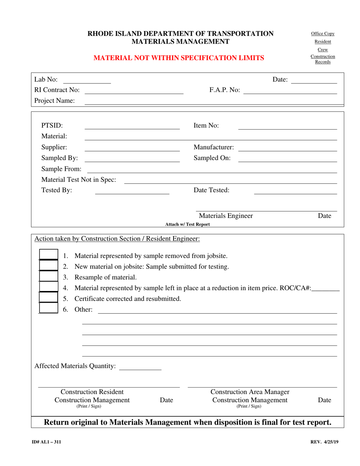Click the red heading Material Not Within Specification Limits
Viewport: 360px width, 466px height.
click(179, 58)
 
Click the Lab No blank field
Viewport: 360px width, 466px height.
click(87, 80)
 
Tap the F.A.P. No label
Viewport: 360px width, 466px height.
click(224, 90)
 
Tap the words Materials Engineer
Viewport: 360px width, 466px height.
click(226, 216)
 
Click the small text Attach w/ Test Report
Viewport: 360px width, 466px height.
click(188, 224)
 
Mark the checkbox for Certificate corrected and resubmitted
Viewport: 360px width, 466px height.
click(49, 298)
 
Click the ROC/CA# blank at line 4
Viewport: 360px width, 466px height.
click(326, 288)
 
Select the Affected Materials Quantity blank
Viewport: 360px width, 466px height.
click(140, 366)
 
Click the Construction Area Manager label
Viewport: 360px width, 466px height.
click(250, 392)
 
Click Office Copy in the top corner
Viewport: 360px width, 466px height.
click(322, 34)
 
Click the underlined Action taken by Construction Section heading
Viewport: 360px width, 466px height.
click(117, 239)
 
